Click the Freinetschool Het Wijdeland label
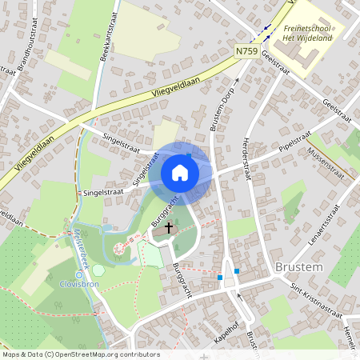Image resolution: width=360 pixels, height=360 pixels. coord(308,33)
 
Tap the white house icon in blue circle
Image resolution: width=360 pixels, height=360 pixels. coord(180,173)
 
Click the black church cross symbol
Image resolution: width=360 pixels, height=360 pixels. coord(168,228)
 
